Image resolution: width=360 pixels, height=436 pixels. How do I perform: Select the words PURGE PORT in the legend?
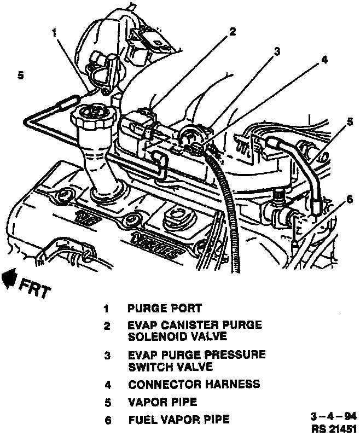coord(165,308)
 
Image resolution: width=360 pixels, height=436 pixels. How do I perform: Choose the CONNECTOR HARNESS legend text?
coord(194,384)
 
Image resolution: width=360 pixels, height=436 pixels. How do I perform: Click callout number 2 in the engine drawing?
coord(233,32)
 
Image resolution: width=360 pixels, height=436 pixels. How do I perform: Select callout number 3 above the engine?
coord(277,51)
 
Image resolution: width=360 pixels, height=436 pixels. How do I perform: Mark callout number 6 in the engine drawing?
coord(342,200)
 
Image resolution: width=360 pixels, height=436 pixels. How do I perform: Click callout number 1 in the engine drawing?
coord(54,32)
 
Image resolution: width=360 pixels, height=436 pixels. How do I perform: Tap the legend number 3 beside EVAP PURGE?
coord(108,356)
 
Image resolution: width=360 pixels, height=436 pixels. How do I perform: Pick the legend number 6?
coord(108,420)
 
